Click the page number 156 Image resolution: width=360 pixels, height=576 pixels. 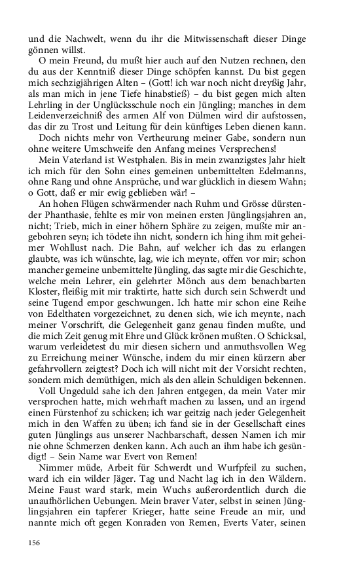33,542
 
